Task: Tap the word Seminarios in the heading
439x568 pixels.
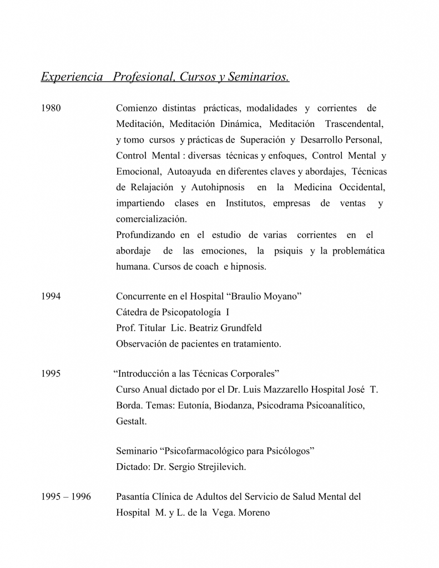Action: click(x=257, y=77)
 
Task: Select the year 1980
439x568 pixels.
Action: click(x=51, y=108)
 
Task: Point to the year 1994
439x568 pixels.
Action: click(x=51, y=297)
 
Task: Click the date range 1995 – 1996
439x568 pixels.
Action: click(x=66, y=497)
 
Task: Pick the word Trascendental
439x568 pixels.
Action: click(x=354, y=124)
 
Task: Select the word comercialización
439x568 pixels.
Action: click(x=151, y=219)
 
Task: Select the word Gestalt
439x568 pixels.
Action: click(x=132, y=422)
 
